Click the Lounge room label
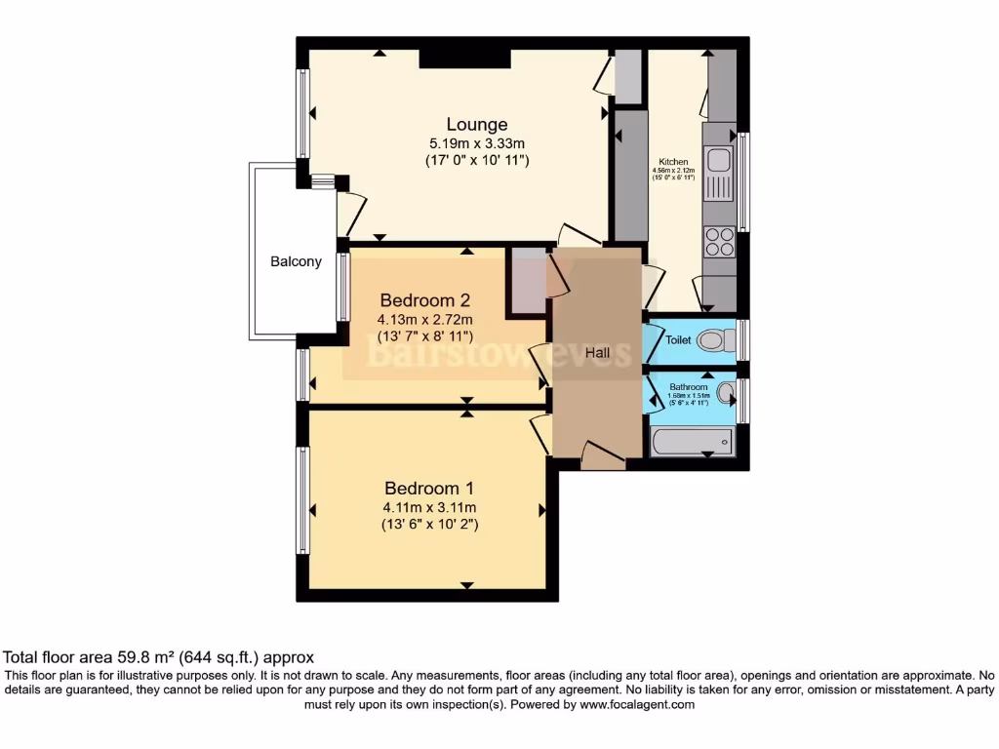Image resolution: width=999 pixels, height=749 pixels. pyautogui.click(x=477, y=124)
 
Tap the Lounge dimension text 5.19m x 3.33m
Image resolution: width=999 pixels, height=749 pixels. pyautogui.click(x=477, y=142)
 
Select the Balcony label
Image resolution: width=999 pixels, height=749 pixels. pyautogui.click(x=296, y=261)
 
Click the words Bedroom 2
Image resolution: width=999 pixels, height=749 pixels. pyautogui.click(x=425, y=299)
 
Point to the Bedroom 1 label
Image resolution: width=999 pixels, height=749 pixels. pyautogui.click(x=429, y=488)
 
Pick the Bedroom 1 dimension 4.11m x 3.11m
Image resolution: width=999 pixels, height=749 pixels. pyautogui.click(x=429, y=507)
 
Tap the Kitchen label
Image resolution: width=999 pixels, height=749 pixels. pyautogui.click(x=673, y=162)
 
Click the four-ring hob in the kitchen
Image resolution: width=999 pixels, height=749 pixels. pyautogui.click(x=719, y=241)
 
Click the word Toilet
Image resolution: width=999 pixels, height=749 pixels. pyautogui.click(x=678, y=340)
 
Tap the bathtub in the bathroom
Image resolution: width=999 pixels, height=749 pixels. pyautogui.click(x=691, y=442)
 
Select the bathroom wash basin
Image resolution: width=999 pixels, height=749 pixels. pyautogui.click(x=726, y=393)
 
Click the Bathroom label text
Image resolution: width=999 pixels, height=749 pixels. pyautogui.click(x=688, y=387)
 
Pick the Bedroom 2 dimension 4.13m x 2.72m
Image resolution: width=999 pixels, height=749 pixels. pyautogui.click(x=425, y=319)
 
